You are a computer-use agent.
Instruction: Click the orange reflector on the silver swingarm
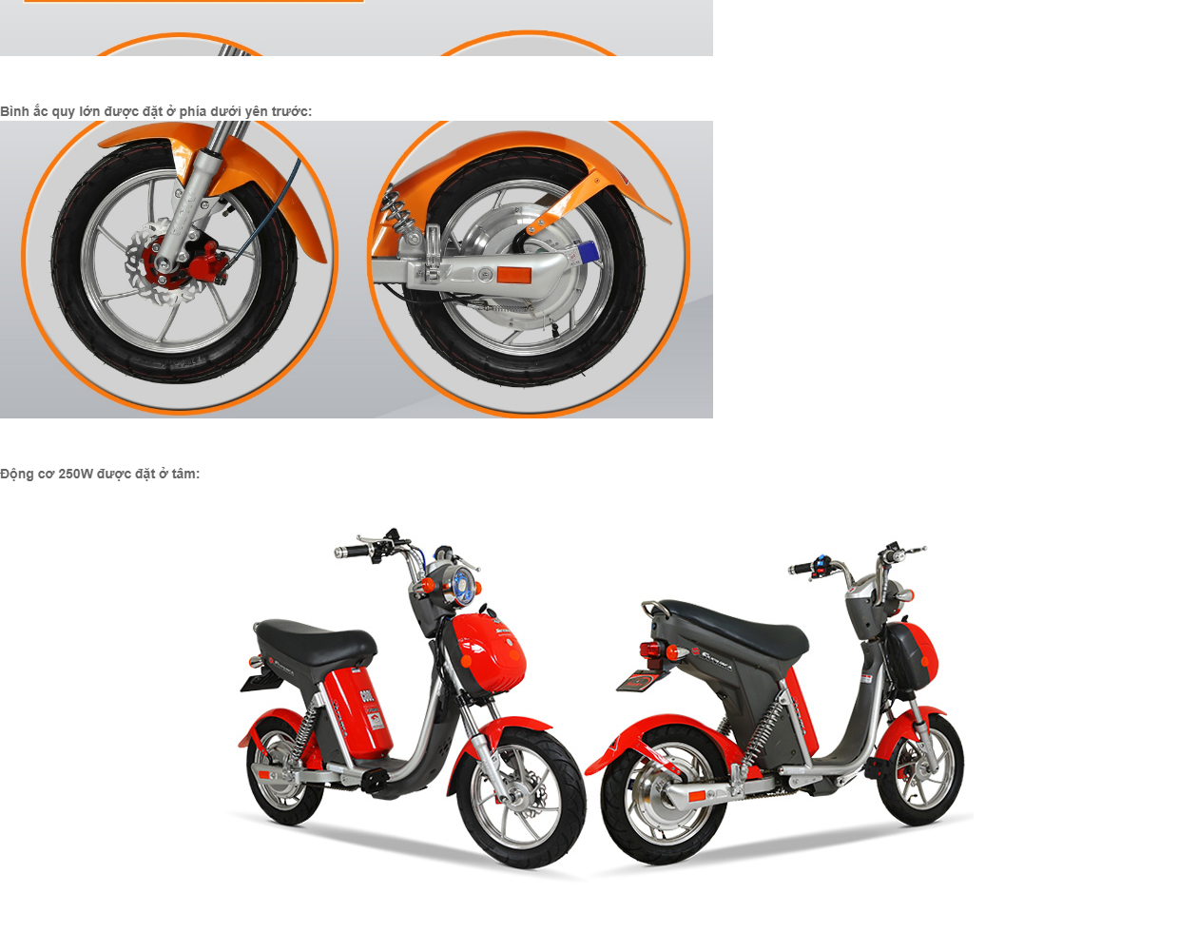[x=513, y=275]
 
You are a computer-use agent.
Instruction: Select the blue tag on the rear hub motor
[x=588, y=253]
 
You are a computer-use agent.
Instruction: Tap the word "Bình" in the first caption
[x=14, y=111]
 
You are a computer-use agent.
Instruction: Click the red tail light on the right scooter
[x=650, y=649]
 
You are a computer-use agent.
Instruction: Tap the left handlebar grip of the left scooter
[x=351, y=552]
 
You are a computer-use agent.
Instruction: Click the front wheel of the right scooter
[x=920, y=770]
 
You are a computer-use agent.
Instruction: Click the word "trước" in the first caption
[x=292, y=111]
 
